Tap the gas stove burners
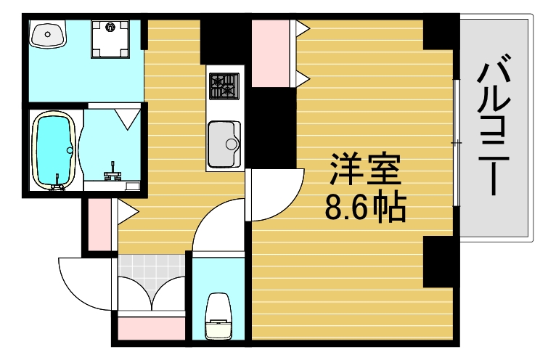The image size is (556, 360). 224,86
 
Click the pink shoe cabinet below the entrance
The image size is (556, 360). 150,327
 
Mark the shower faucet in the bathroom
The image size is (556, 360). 113,172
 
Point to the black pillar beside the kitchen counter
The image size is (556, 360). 272,127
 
